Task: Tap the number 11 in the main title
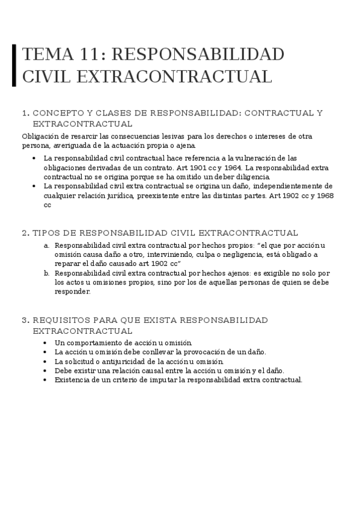[x=90, y=54]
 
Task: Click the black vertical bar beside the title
[x=14, y=65]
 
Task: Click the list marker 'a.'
[x=46, y=245]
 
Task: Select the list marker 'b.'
[x=46, y=273]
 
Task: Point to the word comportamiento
[x=91, y=342]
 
